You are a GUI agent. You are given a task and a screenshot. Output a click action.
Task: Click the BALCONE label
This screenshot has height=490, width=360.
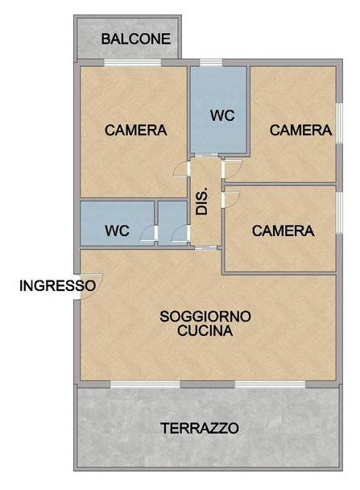[135, 39]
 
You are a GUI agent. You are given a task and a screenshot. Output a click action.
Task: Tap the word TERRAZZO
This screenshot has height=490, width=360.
[199, 428]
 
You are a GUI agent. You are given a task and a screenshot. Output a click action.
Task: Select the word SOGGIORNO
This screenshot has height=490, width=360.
[205, 315]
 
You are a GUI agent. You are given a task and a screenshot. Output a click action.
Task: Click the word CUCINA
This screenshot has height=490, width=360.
[205, 330]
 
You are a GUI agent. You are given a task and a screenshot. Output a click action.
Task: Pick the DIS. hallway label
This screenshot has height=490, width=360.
[203, 200]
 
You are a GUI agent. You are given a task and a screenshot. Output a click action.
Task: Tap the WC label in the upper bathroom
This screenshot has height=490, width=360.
[222, 115]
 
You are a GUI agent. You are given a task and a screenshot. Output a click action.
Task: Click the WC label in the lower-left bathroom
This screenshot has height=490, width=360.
[117, 230]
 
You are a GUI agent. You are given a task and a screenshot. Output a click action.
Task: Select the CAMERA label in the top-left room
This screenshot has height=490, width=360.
[135, 130]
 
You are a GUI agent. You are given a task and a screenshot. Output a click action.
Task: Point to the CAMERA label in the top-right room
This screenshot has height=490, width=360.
[300, 130]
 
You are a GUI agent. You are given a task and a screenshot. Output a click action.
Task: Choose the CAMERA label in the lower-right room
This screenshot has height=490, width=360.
[283, 230]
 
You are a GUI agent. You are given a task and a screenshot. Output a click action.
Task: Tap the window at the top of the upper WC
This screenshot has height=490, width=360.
[211, 63]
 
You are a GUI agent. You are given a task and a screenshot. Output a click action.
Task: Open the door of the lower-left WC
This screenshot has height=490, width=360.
[147, 235]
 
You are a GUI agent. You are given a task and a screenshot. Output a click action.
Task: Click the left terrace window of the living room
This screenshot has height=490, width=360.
[145, 382]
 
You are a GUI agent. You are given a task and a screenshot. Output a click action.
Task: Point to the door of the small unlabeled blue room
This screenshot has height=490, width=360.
[178, 235]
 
